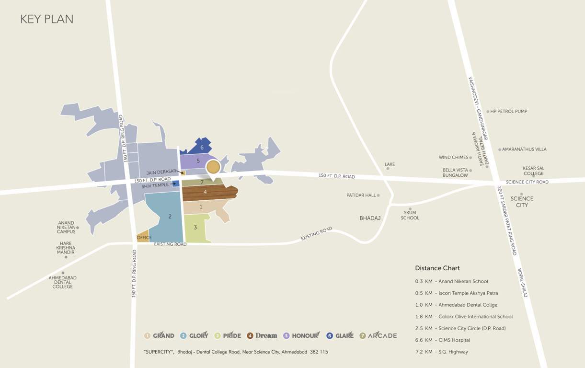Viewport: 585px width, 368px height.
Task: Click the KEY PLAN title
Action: [46, 20]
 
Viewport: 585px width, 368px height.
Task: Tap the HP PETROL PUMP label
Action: [508, 112]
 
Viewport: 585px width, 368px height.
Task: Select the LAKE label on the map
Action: [390, 164]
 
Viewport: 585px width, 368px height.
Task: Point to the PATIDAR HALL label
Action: [361, 195]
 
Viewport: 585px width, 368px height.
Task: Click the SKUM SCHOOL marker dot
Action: [410, 209]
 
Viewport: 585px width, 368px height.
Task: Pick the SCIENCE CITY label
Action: [522, 202]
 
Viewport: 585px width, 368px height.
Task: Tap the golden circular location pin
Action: [213, 167]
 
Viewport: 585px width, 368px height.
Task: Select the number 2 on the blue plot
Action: [170, 217]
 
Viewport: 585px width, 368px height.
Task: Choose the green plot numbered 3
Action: [195, 227]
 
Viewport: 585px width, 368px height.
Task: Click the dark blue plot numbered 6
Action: [202, 148]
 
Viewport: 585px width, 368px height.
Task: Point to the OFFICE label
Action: [144, 238]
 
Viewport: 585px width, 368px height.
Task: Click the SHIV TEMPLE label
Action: [155, 185]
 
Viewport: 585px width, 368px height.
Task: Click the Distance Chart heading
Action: [437, 268]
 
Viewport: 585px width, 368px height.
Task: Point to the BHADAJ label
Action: [370, 218]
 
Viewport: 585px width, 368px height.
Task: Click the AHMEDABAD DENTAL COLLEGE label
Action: [62, 282]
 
